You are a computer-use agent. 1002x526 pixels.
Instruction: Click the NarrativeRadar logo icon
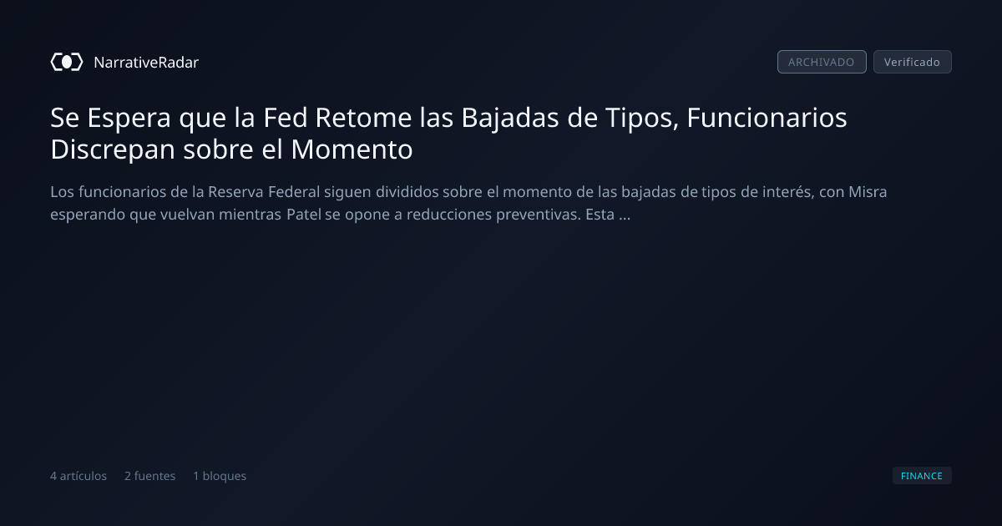[x=67, y=62]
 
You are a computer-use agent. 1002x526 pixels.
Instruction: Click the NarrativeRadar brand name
[x=146, y=63]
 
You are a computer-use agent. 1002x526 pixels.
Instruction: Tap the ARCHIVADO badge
[x=822, y=62]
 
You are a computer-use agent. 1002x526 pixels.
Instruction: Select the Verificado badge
[x=913, y=62]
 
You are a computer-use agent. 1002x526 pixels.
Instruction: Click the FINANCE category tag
[x=922, y=476]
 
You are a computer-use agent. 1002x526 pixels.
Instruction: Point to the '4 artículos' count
[x=78, y=476]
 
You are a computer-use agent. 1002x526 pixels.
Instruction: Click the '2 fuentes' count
[x=149, y=476]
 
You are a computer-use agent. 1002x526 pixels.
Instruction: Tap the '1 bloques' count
[x=220, y=476]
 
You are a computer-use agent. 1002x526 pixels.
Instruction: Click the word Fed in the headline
[x=285, y=118]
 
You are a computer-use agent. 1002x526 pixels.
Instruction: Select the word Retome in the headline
[x=363, y=118]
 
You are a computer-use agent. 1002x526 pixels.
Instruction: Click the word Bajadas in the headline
[x=510, y=119]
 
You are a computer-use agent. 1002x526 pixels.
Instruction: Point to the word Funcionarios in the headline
[x=767, y=118]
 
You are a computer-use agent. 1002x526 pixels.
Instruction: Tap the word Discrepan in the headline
[x=112, y=149]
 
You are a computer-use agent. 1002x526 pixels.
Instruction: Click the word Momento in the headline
[x=352, y=149]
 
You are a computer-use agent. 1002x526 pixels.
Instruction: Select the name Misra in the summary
[x=868, y=192]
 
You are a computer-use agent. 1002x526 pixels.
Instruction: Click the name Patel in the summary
[x=304, y=215]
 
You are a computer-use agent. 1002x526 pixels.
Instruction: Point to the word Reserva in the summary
[x=235, y=192]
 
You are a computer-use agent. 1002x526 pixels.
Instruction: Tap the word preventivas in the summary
[x=539, y=215]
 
